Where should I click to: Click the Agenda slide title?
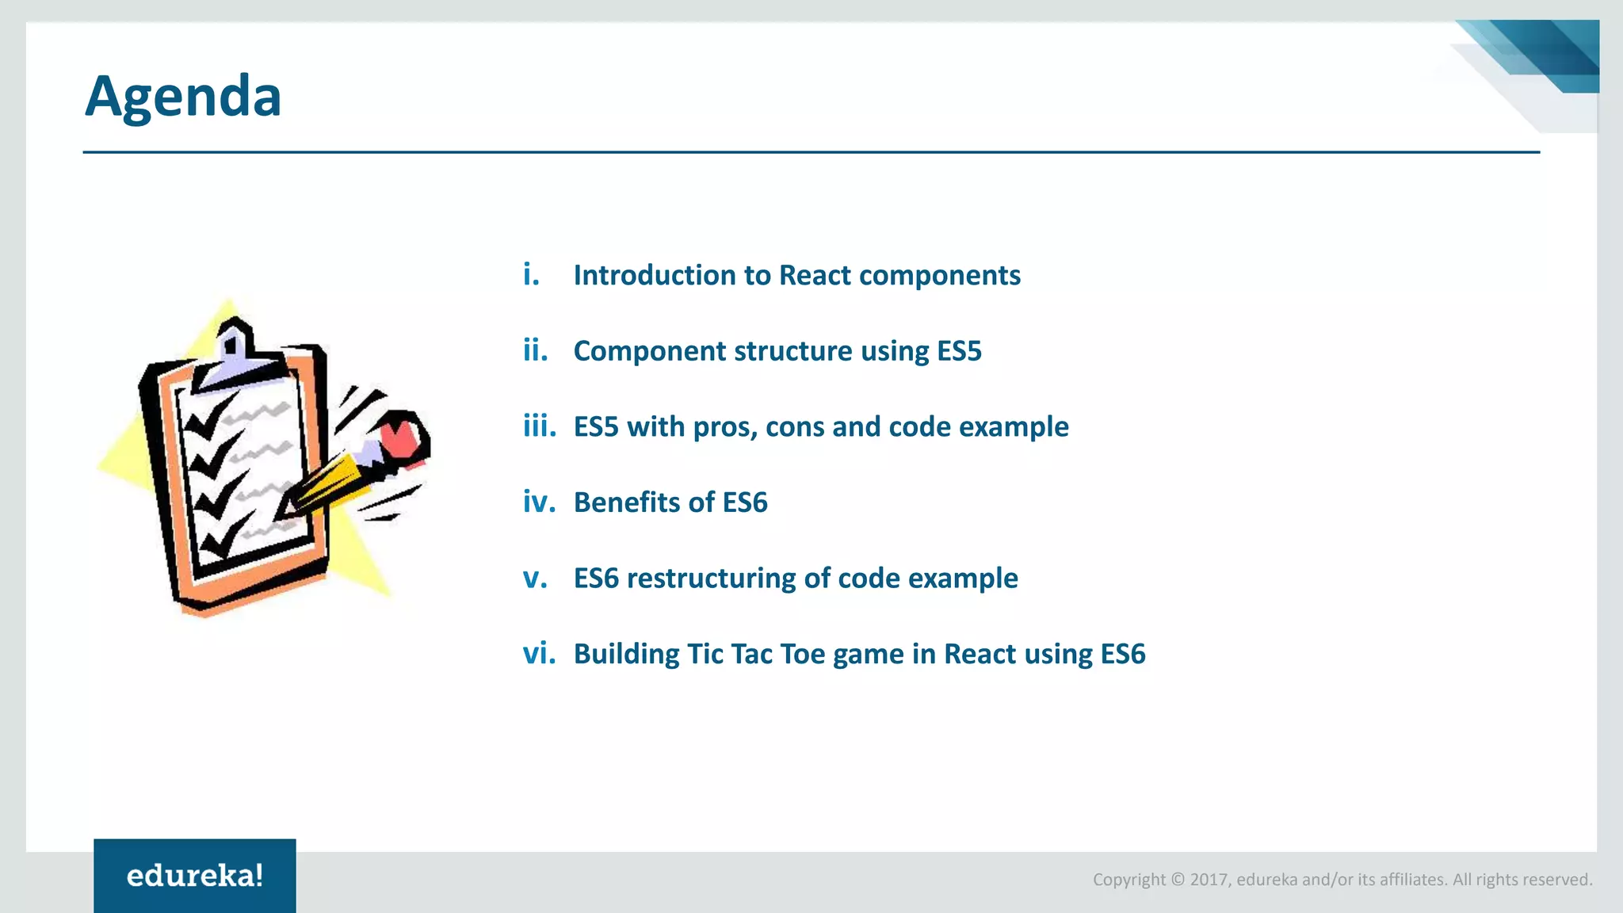183,97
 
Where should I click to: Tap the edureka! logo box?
195,875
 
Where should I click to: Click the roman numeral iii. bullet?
539,426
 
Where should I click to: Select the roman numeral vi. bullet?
538,654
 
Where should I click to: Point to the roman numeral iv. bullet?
539,502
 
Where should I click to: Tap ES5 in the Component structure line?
959,351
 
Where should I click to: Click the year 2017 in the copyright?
1209,880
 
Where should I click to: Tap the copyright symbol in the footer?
1178,880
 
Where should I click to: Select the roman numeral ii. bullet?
536,350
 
